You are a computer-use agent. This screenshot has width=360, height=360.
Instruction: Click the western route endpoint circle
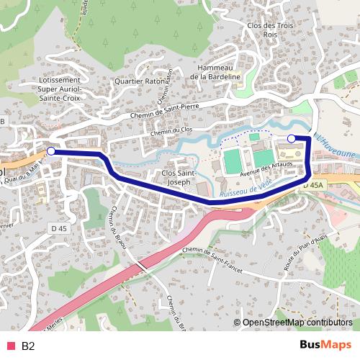50,150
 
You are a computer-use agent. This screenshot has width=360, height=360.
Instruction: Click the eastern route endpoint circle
291,138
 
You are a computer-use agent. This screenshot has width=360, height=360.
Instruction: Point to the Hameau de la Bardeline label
217,72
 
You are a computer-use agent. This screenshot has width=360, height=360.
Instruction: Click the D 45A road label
314,185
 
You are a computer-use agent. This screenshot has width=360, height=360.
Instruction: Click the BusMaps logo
325,345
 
